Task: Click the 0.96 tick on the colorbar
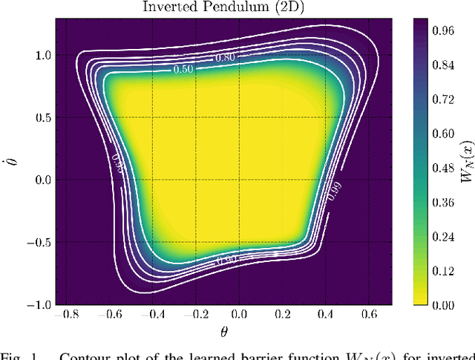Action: coord(434,31)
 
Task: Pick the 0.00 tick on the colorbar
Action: coord(434,304)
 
